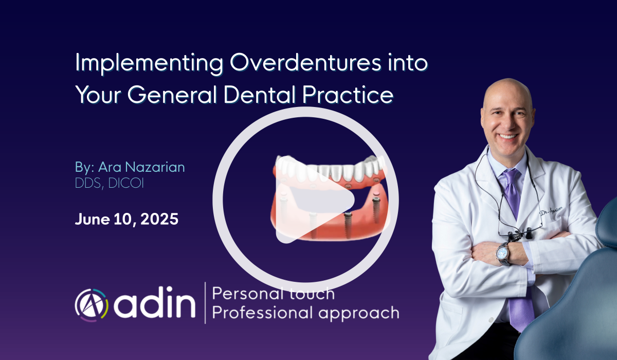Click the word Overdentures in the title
click(305, 63)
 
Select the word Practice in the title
click(348, 94)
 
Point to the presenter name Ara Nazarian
click(141, 167)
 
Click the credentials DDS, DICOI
click(110, 183)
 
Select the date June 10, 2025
click(126, 219)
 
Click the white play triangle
click(314, 200)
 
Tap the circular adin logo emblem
click(92, 305)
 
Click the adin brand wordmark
click(155, 303)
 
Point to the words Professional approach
click(305, 313)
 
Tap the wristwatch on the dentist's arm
click(503, 254)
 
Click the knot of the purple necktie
click(511, 175)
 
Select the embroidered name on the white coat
click(551, 211)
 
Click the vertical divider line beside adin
click(205, 303)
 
